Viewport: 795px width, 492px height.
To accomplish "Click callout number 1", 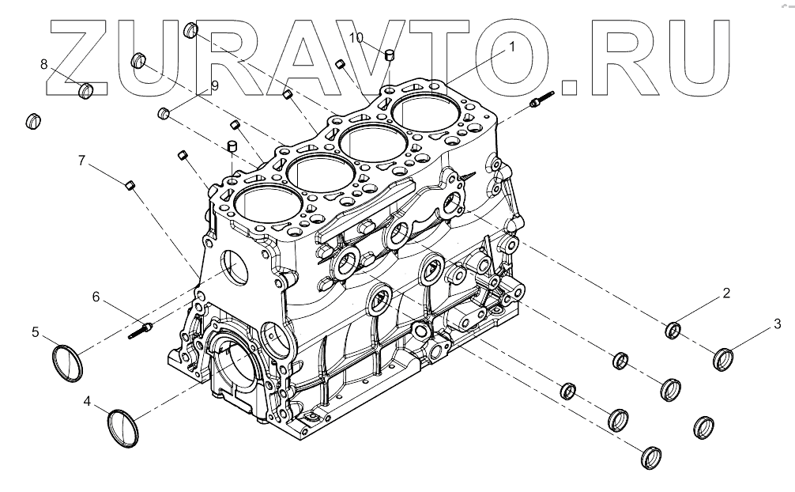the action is pyautogui.click(x=511, y=47).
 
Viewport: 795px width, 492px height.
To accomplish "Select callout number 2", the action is pyautogui.click(x=725, y=293).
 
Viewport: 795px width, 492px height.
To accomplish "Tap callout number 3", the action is pyautogui.click(x=777, y=323).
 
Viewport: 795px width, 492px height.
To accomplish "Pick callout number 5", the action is pyautogui.click(x=36, y=332).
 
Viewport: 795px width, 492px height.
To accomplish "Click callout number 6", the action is pyautogui.click(x=96, y=297).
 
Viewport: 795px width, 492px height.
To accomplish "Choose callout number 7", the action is pyautogui.click(x=81, y=161).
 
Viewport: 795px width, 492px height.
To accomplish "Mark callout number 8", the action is pyautogui.click(x=44, y=63).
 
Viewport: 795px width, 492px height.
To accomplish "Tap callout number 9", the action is pyautogui.click(x=214, y=84).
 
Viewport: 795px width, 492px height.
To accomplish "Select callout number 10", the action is pyautogui.click(x=356, y=37).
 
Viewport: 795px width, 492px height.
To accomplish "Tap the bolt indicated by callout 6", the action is pyautogui.click(x=140, y=329).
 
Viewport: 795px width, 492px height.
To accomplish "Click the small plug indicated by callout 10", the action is pyautogui.click(x=389, y=55).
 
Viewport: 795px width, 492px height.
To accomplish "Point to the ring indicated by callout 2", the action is pyautogui.click(x=675, y=330).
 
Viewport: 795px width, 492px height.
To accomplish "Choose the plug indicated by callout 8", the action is pyautogui.click(x=87, y=92).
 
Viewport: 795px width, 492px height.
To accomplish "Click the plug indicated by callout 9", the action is pyautogui.click(x=165, y=113).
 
